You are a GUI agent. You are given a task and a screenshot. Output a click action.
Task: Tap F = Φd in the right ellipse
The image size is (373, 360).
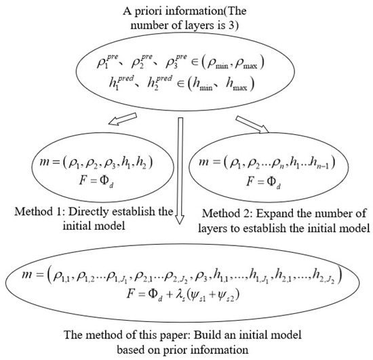tap(278, 178)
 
